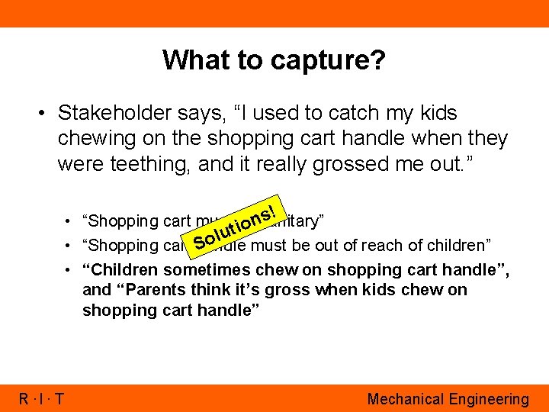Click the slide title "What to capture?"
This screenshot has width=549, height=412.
(274, 60)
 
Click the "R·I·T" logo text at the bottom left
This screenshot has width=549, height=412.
(43, 398)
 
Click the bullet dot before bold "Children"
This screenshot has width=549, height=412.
(71, 270)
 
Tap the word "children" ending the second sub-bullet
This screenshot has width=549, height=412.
(462, 245)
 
